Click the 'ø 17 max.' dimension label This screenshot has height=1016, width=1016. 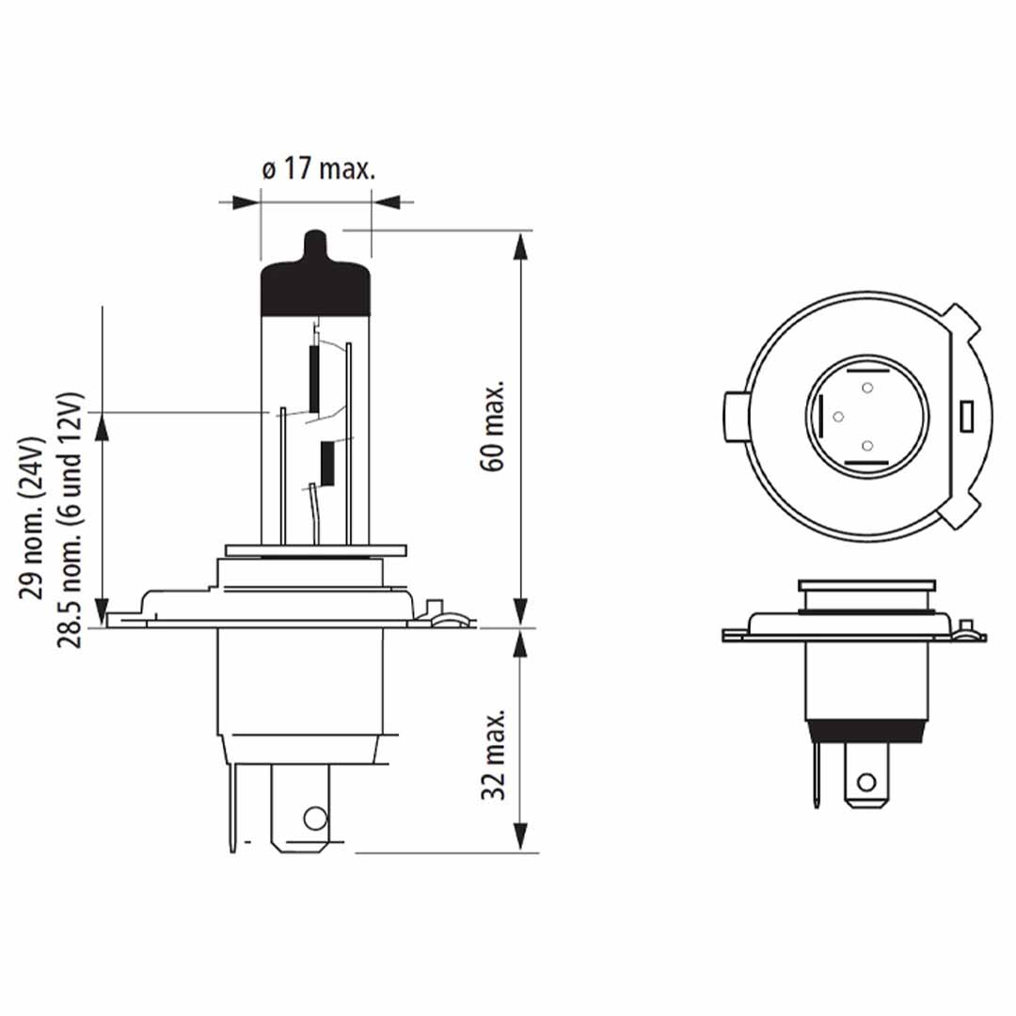317,170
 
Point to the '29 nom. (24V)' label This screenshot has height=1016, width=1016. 34,518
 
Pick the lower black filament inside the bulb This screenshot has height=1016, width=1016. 327,463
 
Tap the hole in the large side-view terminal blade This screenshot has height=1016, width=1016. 315,818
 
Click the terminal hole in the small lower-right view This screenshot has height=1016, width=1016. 866,782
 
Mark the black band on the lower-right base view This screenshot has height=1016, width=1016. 866,730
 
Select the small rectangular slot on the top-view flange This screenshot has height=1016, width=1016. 964,415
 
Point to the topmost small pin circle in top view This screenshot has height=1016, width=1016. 867,387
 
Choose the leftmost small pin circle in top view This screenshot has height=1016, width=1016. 838,416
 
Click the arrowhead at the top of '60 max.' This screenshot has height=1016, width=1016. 518,243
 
